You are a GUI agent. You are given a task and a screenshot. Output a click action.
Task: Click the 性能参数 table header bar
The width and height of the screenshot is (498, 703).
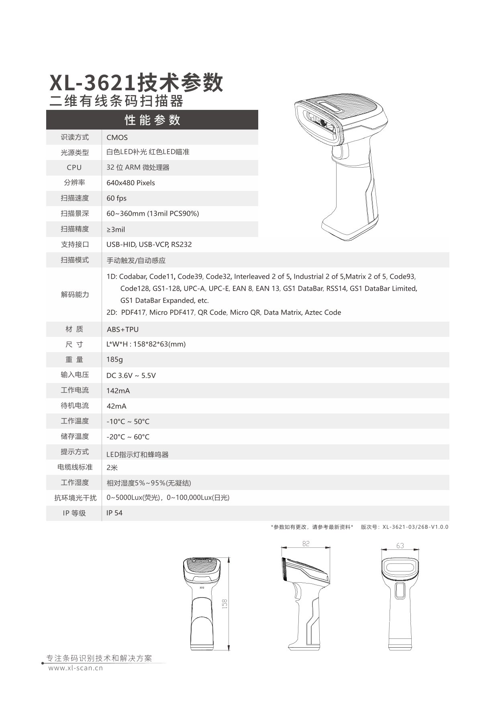(x=152, y=120)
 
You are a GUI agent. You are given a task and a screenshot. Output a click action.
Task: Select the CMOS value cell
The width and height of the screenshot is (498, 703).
(x=117, y=138)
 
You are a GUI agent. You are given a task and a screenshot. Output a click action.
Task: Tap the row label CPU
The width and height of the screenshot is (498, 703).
(x=74, y=168)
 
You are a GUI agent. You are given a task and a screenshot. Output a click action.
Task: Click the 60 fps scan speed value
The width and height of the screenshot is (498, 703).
(x=116, y=199)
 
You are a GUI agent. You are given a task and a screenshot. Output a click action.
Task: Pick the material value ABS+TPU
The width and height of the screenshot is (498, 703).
(x=122, y=330)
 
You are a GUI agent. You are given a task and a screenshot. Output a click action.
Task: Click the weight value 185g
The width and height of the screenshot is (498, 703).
(x=115, y=360)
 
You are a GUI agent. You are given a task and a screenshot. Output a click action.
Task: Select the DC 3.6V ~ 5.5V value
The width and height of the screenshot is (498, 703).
(x=131, y=376)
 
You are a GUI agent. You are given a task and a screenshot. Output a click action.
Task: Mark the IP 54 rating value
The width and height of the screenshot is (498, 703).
(x=114, y=513)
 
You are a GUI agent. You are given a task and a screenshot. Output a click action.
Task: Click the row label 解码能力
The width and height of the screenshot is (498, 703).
(x=75, y=295)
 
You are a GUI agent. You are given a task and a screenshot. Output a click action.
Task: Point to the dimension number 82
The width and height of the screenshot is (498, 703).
(x=306, y=544)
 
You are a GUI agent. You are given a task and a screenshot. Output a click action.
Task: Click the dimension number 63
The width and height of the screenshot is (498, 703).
(x=400, y=546)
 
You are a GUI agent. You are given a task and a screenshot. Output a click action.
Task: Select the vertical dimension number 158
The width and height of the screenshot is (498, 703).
(x=225, y=604)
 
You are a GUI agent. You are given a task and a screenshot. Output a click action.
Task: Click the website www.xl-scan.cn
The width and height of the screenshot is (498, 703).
(x=76, y=668)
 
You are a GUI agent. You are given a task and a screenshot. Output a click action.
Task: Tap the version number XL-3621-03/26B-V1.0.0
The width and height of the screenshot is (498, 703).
(x=415, y=527)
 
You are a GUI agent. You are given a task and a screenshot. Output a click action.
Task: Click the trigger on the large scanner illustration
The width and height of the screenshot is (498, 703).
(x=338, y=153)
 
